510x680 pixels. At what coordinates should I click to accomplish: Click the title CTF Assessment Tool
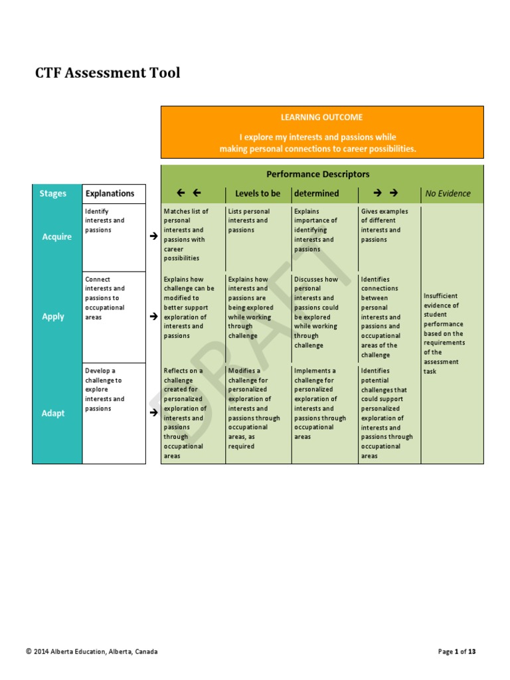(108, 73)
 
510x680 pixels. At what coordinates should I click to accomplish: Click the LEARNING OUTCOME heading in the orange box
(321, 118)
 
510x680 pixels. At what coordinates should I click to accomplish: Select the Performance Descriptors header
(317, 174)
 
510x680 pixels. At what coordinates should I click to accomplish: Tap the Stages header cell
(53, 194)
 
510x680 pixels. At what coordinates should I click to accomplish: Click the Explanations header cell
(110, 194)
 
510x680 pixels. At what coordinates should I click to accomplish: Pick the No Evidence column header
(448, 194)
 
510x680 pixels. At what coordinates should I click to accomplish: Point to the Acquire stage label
(56, 236)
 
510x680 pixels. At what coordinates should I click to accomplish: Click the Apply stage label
(53, 317)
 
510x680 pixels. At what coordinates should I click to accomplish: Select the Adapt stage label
(53, 413)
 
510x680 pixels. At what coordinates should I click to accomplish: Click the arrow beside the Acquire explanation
(153, 236)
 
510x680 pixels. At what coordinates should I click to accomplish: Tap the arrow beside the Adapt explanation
(153, 412)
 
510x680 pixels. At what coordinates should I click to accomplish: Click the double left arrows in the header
(189, 193)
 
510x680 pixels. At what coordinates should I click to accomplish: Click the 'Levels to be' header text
(258, 194)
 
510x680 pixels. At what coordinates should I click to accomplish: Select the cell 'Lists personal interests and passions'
(248, 221)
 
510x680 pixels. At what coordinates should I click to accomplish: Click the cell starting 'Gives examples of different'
(384, 226)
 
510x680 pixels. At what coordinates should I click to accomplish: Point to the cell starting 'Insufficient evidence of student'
(444, 333)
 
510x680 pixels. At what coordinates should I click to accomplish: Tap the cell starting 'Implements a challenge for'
(319, 404)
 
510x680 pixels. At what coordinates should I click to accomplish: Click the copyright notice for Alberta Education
(92, 651)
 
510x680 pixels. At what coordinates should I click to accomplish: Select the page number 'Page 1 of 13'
(457, 651)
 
